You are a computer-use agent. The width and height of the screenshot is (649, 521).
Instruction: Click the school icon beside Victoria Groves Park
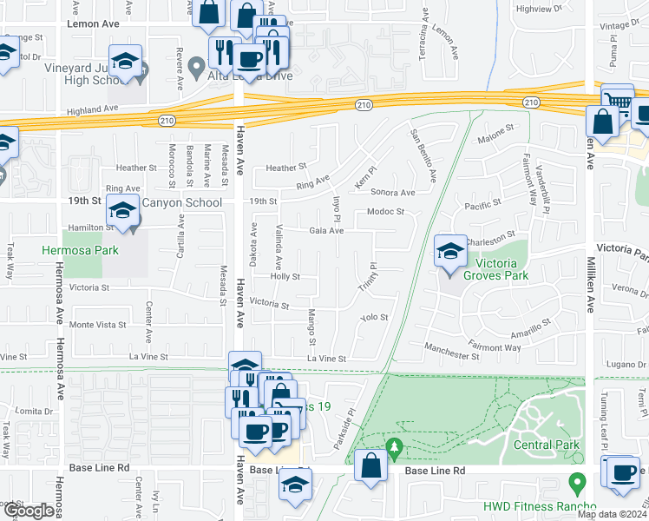click(449, 252)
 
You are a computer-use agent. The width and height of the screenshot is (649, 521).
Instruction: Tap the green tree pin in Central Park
click(395, 448)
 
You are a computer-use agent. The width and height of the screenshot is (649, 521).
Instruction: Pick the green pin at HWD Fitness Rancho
click(574, 480)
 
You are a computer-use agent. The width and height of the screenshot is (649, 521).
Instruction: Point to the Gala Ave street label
click(326, 231)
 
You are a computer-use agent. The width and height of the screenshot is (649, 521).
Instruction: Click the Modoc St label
click(386, 212)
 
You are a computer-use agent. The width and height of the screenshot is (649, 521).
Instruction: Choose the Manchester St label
click(452, 356)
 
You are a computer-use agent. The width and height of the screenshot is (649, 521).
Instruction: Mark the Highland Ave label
click(93, 109)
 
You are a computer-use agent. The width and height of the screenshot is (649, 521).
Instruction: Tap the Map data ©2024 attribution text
click(609, 514)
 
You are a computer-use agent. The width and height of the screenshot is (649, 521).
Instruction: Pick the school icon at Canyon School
click(122, 211)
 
